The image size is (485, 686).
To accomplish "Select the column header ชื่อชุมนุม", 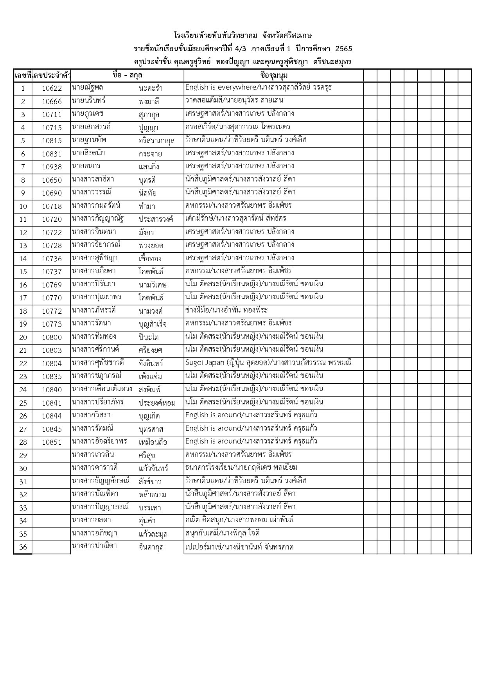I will pos(273,75).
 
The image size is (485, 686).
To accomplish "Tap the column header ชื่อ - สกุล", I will pos(127,75).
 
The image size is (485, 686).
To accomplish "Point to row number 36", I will pos(23,547).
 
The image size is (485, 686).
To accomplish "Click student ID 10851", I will pos(52,442).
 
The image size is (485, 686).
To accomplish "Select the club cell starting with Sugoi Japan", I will pos(268,363).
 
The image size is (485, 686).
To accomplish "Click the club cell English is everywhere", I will pos(258,87).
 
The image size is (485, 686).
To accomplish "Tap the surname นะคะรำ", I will pos(150,88).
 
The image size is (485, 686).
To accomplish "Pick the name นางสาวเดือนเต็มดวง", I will pos(102,389).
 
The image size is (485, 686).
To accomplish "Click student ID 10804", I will pos(52,363).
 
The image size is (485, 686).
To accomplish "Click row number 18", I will pos(23,311).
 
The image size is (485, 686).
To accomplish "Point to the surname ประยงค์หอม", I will pos(157,403).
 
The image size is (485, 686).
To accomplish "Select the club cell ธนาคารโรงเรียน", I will pos(241,467).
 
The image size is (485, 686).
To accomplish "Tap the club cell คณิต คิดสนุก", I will pos(239,520).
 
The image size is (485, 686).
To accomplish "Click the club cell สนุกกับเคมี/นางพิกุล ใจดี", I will pos(222,533).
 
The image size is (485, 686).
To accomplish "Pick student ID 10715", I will pos(52,128).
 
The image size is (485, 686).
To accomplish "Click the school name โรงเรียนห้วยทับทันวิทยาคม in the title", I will pos(215,36).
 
